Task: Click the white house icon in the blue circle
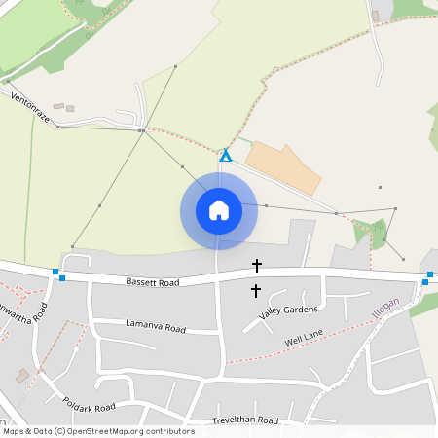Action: click(x=218, y=210)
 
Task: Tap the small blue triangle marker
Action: click(x=225, y=155)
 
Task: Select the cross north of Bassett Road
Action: click(x=257, y=265)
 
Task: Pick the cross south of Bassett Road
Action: click(x=256, y=290)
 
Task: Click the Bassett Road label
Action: click(x=153, y=282)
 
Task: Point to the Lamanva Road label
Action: click(x=155, y=327)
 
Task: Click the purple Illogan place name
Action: click(x=385, y=311)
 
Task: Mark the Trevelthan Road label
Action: click(x=245, y=420)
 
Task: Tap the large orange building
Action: click(x=283, y=165)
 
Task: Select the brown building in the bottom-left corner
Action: click(x=22, y=375)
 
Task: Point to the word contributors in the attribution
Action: click(x=169, y=431)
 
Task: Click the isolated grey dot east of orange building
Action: click(x=380, y=186)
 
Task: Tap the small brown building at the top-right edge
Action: click(x=376, y=16)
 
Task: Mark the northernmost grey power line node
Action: click(x=175, y=67)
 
